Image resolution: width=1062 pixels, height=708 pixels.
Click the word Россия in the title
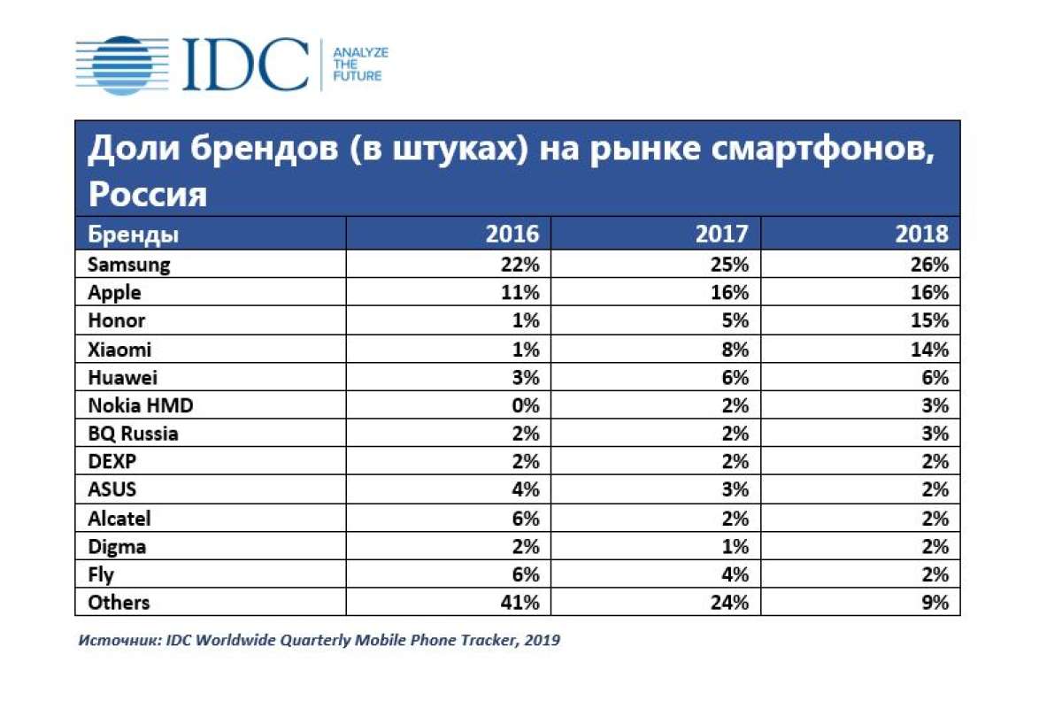click(147, 194)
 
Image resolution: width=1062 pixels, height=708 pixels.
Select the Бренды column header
click(132, 235)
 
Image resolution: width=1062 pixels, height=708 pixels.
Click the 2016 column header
click(512, 235)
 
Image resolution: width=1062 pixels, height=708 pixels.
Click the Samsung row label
click(128, 264)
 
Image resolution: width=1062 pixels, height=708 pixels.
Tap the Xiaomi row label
click(119, 349)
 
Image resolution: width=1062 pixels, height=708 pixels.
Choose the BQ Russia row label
click(133, 434)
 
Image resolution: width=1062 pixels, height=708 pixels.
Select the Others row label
click(119, 604)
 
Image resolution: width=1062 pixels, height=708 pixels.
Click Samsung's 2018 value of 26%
click(928, 264)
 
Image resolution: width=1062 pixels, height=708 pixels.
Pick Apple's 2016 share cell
click(519, 292)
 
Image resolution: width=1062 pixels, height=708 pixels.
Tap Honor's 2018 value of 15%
click(928, 320)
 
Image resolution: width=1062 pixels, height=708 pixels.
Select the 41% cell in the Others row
click(519, 604)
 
